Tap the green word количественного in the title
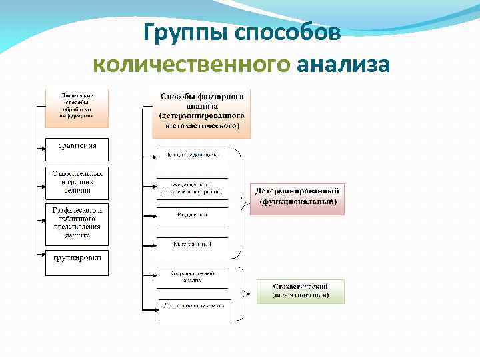pyautogui.click(x=192, y=65)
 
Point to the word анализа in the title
pyautogui.click(x=343, y=65)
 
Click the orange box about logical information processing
pyautogui.click(x=77, y=105)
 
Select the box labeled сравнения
pyautogui.click(x=77, y=145)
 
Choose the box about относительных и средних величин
pyautogui.click(x=77, y=181)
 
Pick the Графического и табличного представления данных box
pyautogui.click(x=77, y=222)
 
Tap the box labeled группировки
pyautogui.click(x=77, y=258)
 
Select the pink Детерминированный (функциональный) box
pyautogui.click(x=298, y=198)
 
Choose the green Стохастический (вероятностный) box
pyautogui.click(x=300, y=290)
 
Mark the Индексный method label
pyautogui.click(x=192, y=215)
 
